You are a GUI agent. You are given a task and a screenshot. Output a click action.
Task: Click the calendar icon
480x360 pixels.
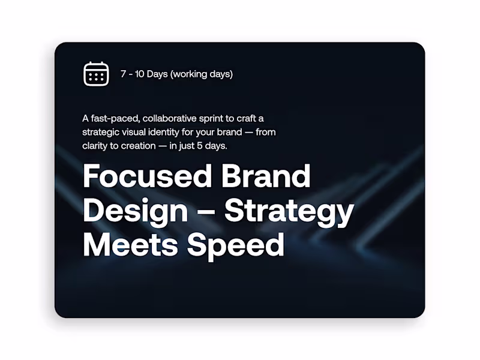[96, 74]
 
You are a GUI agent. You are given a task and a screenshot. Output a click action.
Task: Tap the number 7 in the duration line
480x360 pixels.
[123, 74]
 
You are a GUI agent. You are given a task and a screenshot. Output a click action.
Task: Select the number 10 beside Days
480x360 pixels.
[141, 74]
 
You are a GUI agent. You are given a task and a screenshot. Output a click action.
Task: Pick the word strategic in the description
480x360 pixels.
[100, 132]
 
